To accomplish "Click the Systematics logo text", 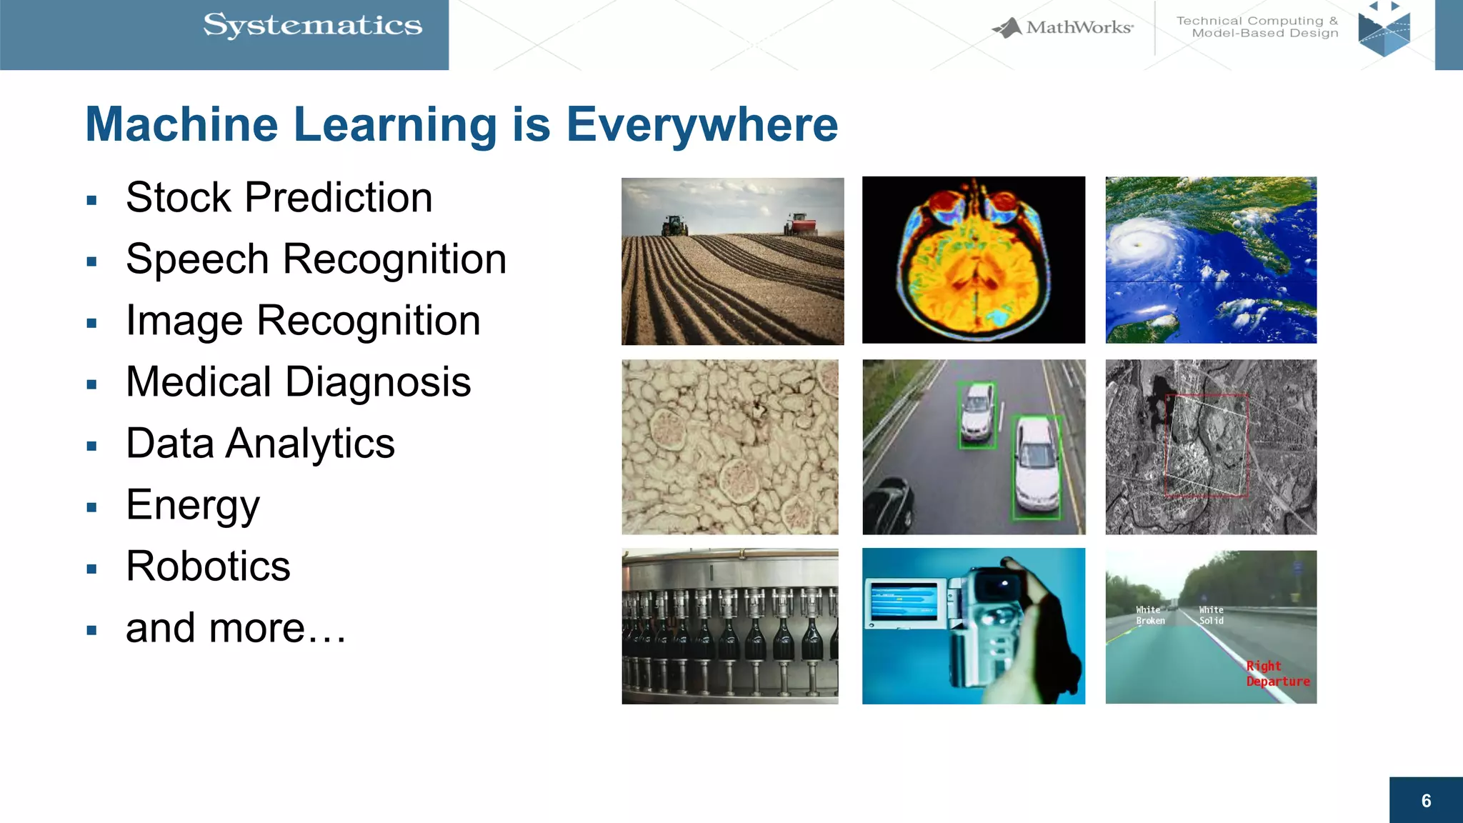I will (313, 26).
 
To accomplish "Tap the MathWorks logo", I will (1063, 28).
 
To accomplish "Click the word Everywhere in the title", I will (701, 125).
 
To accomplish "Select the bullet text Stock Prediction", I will (279, 197).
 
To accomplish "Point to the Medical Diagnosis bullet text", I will (298, 381).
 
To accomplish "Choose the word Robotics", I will (208, 566).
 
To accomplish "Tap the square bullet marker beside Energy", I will (91, 507).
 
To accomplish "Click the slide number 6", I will (1426, 801).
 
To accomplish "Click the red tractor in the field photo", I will (800, 224).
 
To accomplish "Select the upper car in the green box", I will (977, 415).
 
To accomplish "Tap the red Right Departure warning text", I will (1277, 674).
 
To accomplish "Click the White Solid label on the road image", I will (1211, 615).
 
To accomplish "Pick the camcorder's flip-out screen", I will (904, 602).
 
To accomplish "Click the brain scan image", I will (973, 260).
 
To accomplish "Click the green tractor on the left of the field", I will (674, 225).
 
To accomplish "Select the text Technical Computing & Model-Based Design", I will (1257, 27).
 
